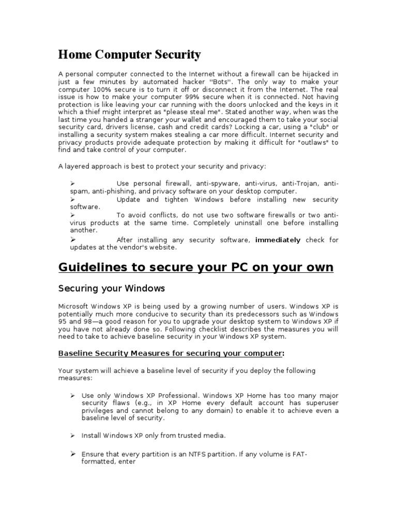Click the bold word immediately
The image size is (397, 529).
(x=278, y=240)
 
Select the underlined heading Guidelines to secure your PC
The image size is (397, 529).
(x=196, y=267)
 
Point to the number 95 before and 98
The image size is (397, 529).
(x=63, y=321)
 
